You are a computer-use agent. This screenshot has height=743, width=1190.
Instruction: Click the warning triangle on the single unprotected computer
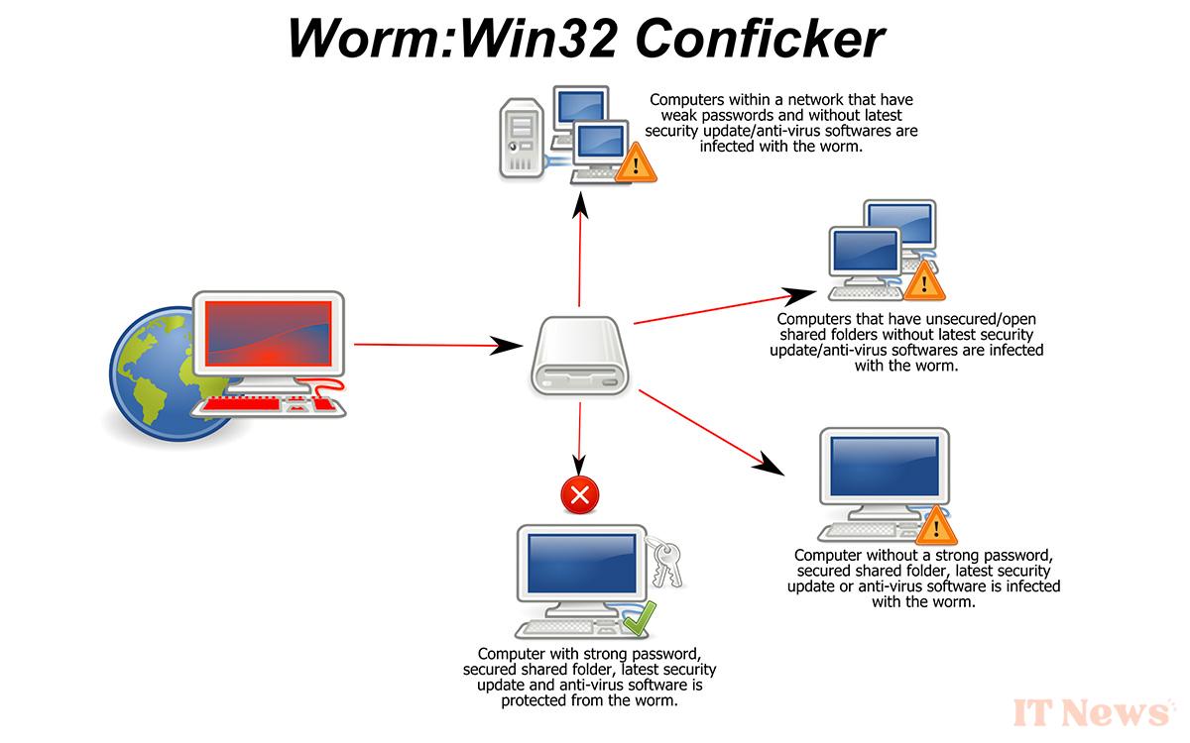932,527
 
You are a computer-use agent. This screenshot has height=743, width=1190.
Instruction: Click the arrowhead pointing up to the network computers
580,203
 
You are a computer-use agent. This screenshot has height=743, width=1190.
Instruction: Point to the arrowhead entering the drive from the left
508,347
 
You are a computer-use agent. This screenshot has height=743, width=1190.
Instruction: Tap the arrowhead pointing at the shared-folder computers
797,295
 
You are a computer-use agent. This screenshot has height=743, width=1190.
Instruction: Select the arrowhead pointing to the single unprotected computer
771,463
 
